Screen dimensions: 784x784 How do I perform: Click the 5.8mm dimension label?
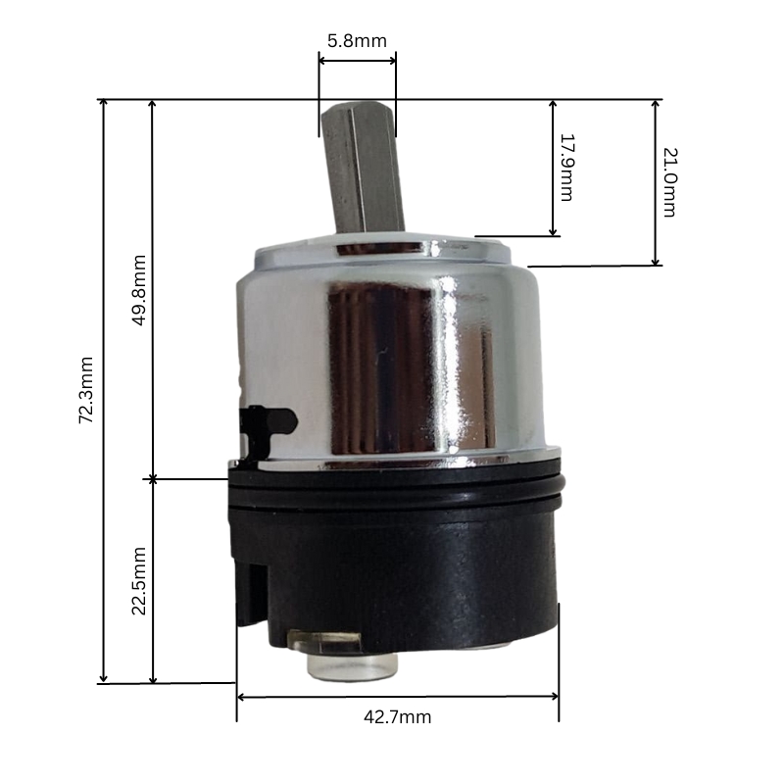point(357,41)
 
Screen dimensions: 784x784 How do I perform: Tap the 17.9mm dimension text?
point(567,168)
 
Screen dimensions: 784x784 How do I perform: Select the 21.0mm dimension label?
point(670,182)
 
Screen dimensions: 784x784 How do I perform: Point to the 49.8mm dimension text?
point(138,290)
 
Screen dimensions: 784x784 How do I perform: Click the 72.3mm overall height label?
point(85,390)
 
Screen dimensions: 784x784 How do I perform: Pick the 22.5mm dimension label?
point(138,581)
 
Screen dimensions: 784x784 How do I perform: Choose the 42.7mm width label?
point(398,717)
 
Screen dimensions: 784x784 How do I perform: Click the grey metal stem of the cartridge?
point(362,167)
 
